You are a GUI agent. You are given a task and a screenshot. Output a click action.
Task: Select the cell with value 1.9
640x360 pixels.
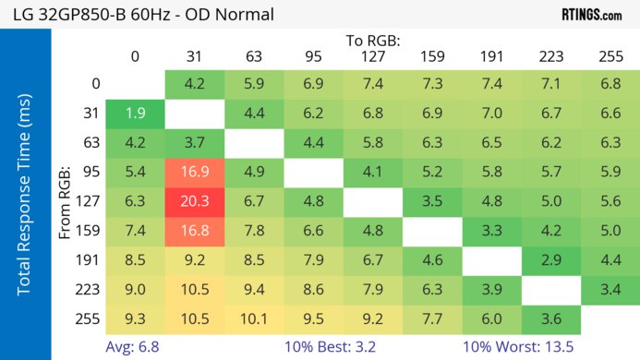(136, 114)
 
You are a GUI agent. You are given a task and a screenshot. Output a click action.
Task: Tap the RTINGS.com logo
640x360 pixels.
(592, 15)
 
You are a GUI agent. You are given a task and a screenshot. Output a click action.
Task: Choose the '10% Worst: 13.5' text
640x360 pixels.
(518, 347)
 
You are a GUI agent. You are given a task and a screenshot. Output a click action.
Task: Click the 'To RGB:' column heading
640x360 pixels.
(373, 41)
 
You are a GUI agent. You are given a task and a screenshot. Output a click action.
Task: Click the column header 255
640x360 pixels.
(610, 56)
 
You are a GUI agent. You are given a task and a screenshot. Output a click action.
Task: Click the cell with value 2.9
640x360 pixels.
(550, 260)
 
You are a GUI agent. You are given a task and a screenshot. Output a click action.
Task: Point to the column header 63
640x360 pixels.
(254, 56)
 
